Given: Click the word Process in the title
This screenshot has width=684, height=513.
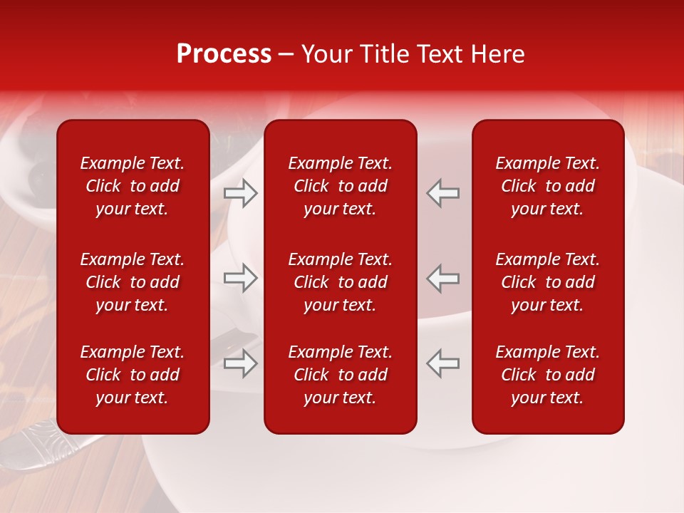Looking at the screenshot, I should (224, 54).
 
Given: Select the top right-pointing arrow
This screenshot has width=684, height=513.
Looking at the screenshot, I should (241, 192).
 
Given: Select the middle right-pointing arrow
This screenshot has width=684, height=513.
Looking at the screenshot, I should (241, 278).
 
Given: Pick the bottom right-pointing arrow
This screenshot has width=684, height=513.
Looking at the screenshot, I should (241, 363).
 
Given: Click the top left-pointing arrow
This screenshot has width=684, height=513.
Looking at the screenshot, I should (442, 192).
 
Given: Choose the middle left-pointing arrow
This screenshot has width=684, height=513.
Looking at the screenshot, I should (442, 278).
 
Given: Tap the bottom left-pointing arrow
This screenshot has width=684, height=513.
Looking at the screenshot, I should (442, 363).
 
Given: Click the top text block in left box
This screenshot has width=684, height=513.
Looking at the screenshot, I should (133, 186).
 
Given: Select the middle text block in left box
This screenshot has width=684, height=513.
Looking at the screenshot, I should (133, 282).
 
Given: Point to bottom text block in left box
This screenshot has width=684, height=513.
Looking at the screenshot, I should (133, 375).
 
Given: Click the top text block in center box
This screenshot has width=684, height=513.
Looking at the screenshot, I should (341, 186).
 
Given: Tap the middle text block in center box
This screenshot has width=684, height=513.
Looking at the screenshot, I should (341, 282).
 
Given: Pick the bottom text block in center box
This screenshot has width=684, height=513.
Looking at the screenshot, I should (341, 375).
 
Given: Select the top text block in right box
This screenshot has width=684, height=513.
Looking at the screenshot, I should (548, 186).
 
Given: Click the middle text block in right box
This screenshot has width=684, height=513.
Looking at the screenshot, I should (548, 282).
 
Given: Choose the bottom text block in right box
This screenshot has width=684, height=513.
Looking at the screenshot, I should (548, 375).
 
